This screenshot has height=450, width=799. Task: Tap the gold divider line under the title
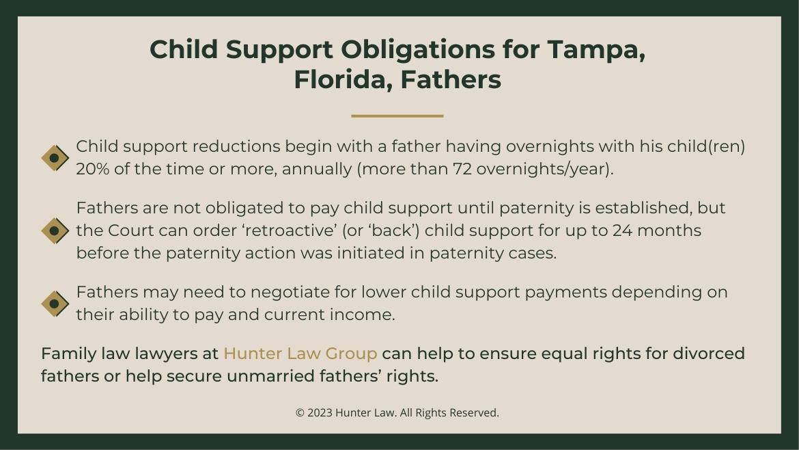coord(397,116)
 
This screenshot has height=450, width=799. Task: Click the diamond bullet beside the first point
coord(55,158)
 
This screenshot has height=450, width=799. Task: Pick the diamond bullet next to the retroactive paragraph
coord(55,230)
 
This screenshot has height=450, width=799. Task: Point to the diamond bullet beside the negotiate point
coord(55,304)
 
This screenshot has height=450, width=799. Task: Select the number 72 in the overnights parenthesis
coord(462,169)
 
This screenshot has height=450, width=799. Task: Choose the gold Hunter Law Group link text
coord(300,354)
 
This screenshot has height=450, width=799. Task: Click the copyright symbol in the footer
coord(300,413)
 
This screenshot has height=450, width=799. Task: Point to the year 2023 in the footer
coord(320,413)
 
